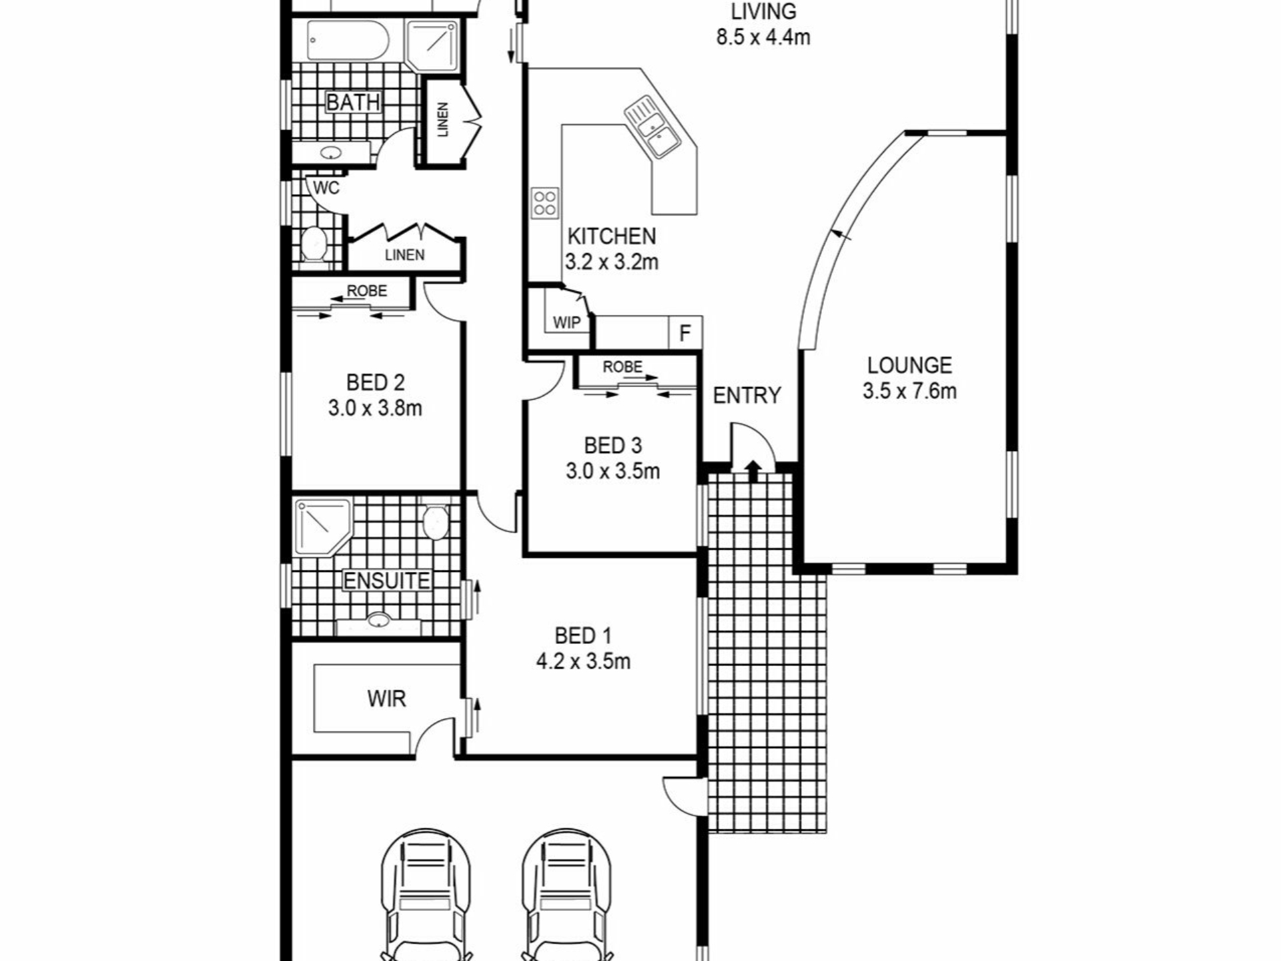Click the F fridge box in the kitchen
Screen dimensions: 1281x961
[x=685, y=332]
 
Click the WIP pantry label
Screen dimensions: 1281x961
[x=566, y=323]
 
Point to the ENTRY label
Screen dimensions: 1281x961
[x=747, y=396]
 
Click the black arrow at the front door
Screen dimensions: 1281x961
[x=753, y=469]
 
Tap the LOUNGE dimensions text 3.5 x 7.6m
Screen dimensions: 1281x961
[x=909, y=391]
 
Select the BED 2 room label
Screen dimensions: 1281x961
[x=375, y=382]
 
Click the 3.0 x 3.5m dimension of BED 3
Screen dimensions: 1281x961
[x=613, y=471]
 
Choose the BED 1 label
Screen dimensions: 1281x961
[x=583, y=635]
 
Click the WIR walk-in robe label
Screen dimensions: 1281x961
[x=386, y=699]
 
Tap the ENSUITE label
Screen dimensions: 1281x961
[x=387, y=581]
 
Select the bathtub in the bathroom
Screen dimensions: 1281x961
[x=348, y=41]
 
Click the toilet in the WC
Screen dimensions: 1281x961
[x=312, y=244]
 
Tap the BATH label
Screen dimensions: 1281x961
[x=353, y=102]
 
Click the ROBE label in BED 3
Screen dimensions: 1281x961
[x=622, y=367]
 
